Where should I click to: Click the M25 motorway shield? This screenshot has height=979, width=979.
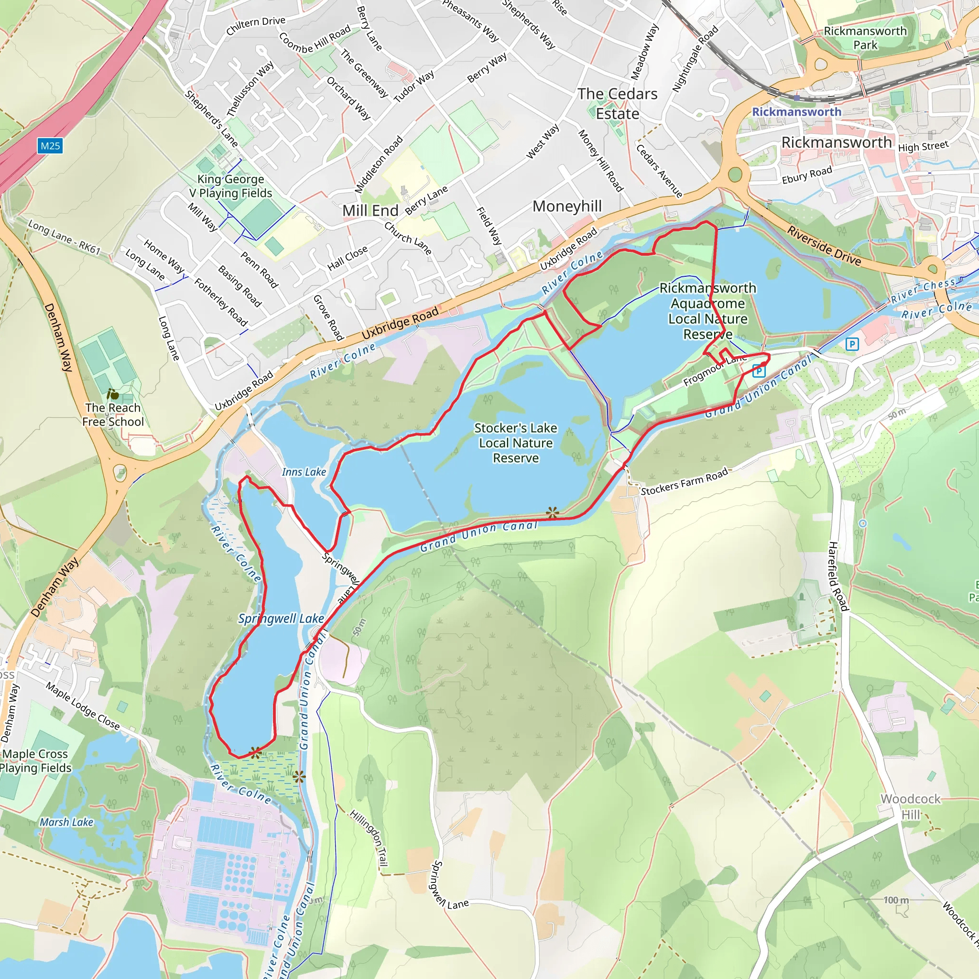coord(50,146)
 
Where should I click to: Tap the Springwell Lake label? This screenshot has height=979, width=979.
coord(281,619)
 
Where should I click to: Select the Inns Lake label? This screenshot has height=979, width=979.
coord(304,472)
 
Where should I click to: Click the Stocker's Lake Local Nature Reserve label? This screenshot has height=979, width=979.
coord(515,443)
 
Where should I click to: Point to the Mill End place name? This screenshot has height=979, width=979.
coord(370,210)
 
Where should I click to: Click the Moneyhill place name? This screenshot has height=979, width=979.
coord(567,206)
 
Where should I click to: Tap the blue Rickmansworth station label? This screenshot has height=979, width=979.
coord(796,112)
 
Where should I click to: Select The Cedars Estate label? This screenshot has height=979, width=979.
coord(617,104)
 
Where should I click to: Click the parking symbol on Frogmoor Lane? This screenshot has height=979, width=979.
coord(758,371)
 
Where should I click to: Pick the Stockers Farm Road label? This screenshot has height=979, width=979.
coord(684,482)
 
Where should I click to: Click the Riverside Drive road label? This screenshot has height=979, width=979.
coord(824,246)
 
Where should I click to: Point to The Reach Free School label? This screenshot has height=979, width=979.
coord(113,414)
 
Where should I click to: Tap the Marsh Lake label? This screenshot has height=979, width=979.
coord(66,822)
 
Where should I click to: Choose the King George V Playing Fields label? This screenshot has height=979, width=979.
coord(230,186)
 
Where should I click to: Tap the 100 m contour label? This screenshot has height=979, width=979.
coord(896,900)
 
